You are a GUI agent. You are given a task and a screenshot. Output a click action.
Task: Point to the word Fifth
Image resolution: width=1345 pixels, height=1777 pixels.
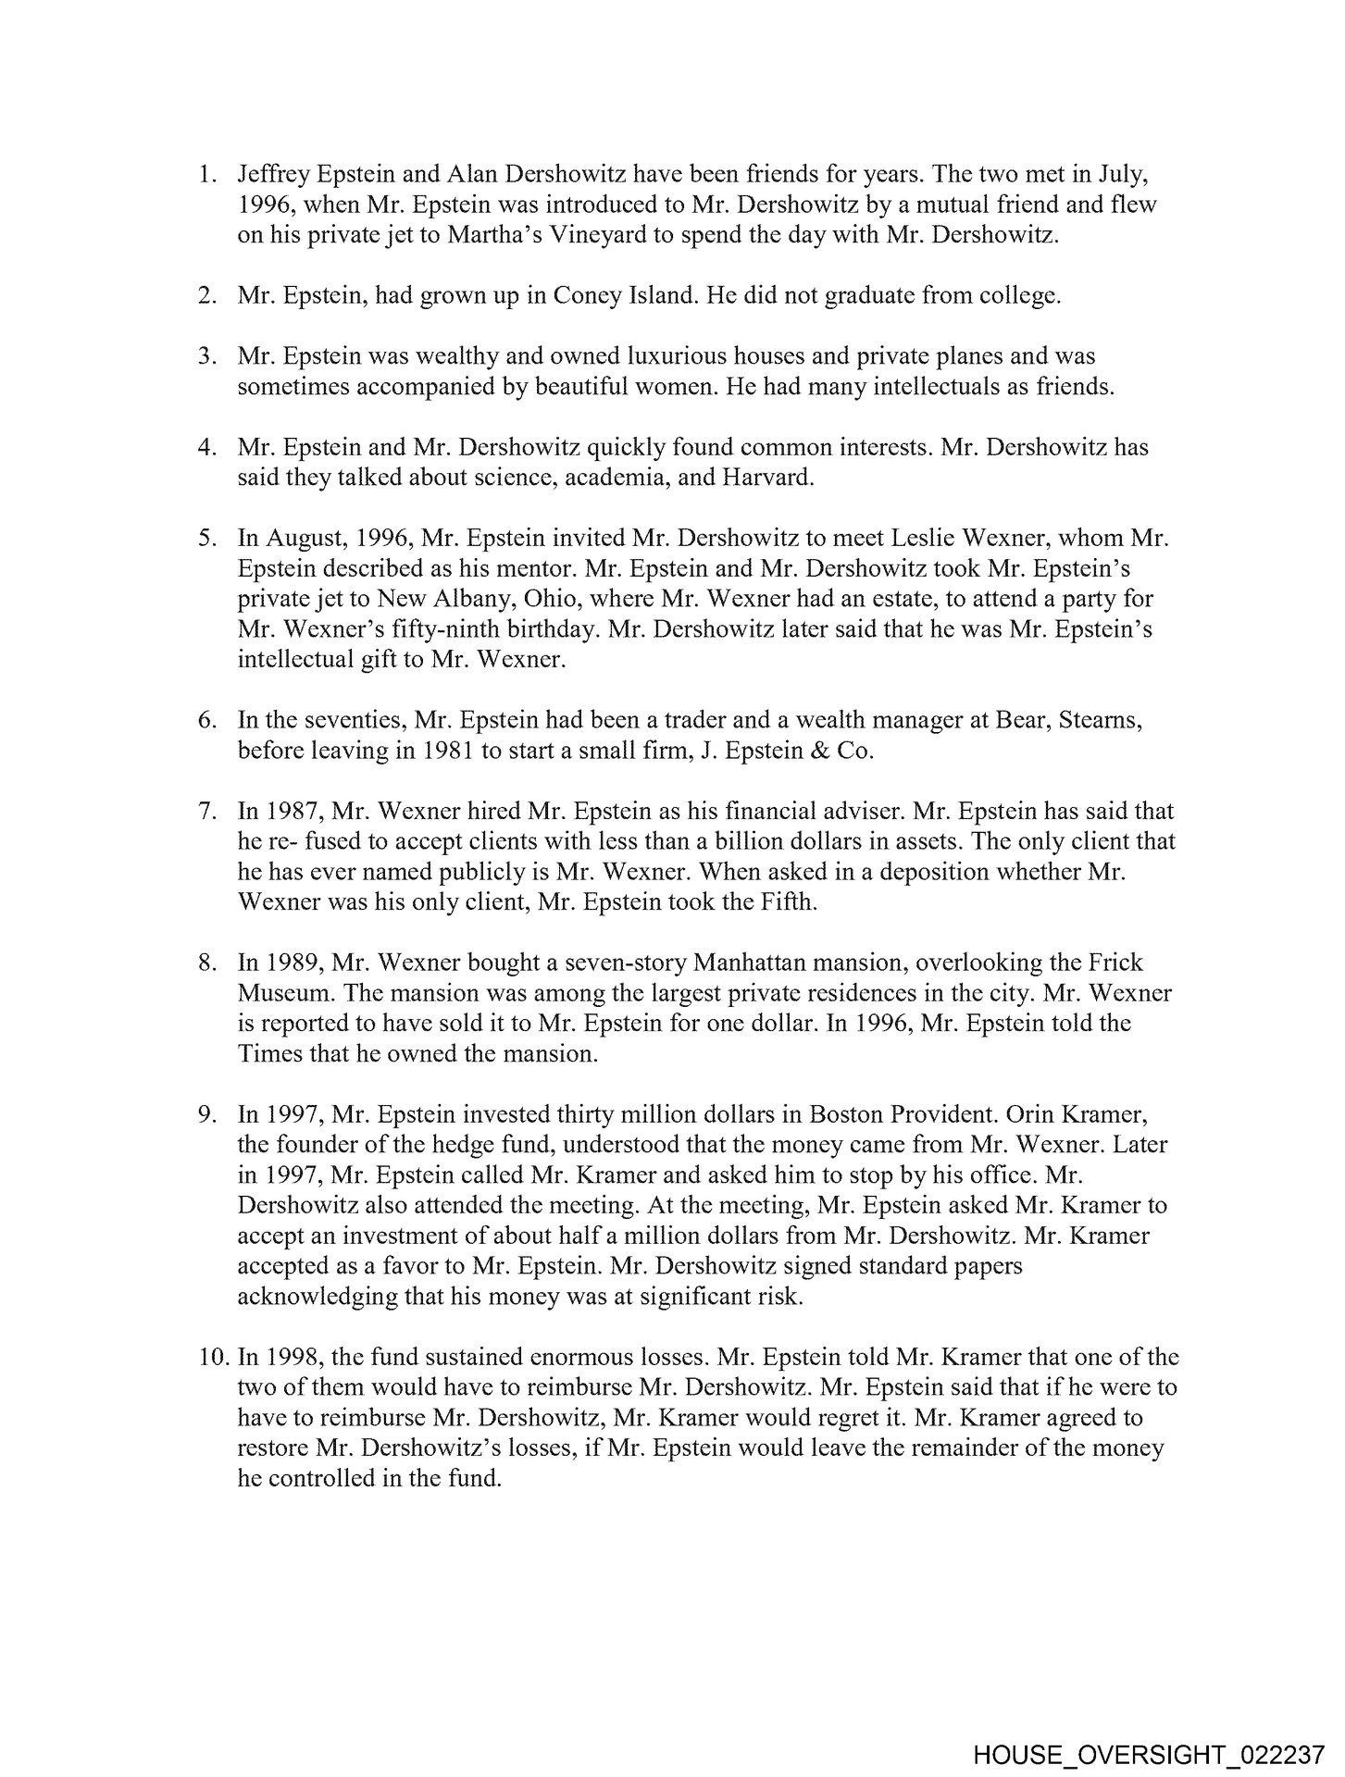pyautogui.click(x=784, y=902)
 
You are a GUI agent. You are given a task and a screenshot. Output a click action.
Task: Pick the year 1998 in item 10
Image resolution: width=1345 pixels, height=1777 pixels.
pyautogui.click(x=293, y=1358)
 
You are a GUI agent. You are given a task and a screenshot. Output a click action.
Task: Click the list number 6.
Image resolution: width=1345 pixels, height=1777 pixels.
pyautogui.click(x=206, y=720)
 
